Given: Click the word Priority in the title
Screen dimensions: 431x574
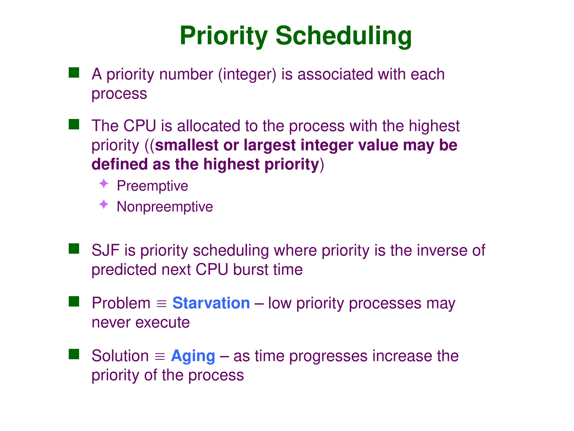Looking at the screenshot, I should point(224,36).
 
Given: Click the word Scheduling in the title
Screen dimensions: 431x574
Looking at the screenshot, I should point(343,36).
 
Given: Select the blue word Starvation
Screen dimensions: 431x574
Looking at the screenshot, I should point(211,303).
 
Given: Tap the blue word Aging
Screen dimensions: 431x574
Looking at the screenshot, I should point(193,356).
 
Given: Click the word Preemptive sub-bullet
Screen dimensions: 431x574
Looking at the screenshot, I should point(152,186).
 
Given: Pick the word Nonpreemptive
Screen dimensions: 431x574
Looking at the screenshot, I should point(165,207).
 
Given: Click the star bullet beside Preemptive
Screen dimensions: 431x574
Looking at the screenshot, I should point(104,184).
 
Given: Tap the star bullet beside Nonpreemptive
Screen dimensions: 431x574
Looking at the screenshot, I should point(104,204).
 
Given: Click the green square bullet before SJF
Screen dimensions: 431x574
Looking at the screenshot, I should point(74,249).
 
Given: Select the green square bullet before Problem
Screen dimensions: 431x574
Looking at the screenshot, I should point(74,301).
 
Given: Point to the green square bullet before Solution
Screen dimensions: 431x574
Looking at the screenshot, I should point(74,354).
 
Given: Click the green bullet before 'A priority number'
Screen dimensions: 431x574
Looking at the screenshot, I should point(74,72).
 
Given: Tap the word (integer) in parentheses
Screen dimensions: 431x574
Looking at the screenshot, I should point(247,75).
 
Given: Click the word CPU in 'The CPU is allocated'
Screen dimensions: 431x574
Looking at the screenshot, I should point(140,126).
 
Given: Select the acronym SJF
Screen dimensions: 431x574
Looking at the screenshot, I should point(106,250).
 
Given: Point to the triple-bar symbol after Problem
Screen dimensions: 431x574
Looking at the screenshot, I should point(161,304).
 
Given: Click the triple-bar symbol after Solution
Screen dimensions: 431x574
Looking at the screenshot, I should point(160,357).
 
